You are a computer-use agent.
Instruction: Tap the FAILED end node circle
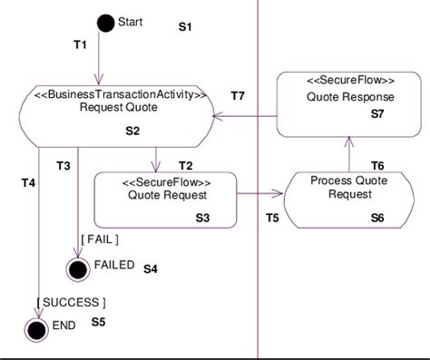click(x=78, y=268)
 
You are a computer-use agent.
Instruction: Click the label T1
click(x=80, y=44)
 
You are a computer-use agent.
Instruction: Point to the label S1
click(x=185, y=28)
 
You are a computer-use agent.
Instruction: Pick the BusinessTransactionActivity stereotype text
click(x=121, y=92)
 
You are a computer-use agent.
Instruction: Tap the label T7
click(x=239, y=95)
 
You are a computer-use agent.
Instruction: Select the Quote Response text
click(x=348, y=97)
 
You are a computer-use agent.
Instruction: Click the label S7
click(x=378, y=115)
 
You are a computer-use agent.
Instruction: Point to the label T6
click(x=378, y=164)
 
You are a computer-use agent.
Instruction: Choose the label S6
click(x=378, y=218)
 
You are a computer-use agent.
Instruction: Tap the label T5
click(x=272, y=217)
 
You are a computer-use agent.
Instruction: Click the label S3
click(x=202, y=218)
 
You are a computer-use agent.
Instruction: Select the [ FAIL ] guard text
click(x=100, y=239)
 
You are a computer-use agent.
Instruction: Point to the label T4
click(x=28, y=183)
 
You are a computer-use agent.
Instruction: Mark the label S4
click(x=151, y=269)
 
